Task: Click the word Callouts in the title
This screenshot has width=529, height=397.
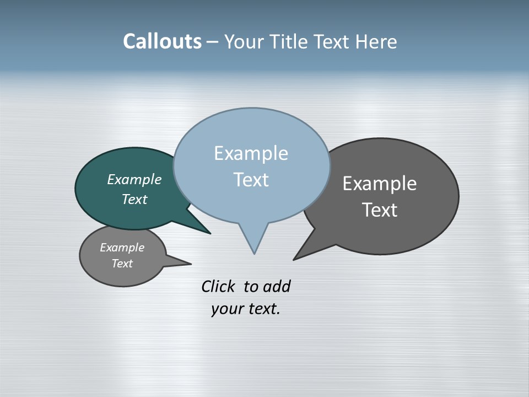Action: [x=162, y=42]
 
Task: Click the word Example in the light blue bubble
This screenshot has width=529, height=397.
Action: [x=251, y=153]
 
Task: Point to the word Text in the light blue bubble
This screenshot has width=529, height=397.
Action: [x=251, y=180]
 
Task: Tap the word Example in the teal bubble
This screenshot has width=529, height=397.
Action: [x=134, y=179]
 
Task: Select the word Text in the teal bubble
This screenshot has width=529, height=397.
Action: [x=134, y=199]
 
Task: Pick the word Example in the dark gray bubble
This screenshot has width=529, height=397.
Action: [x=380, y=184]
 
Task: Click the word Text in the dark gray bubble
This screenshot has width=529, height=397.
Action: [x=380, y=210]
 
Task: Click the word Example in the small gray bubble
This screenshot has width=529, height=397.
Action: [x=122, y=248]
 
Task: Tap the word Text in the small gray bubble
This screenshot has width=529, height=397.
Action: [x=122, y=264]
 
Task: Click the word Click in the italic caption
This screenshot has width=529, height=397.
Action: [x=218, y=286]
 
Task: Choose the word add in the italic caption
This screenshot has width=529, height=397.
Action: [x=277, y=286]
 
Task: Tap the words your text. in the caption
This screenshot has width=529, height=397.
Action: [x=245, y=309]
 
